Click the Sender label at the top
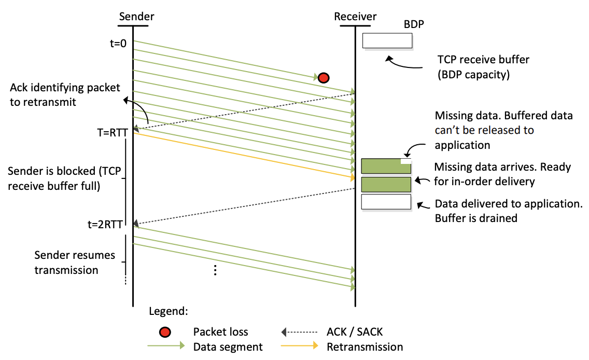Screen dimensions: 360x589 click(x=136, y=17)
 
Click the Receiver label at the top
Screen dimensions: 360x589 click(x=355, y=17)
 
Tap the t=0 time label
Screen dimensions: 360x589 click(x=118, y=44)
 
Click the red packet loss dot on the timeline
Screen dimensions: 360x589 click(x=324, y=78)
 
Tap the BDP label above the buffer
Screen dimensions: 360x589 click(x=414, y=25)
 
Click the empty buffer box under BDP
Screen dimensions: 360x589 click(x=387, y=40)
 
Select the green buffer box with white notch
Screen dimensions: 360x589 click(x=386, y=166)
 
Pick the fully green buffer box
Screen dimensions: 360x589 click(x=386, y=185)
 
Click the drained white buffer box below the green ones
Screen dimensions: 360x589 click(x=386, y=202)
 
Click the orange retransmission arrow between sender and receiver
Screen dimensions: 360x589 click(x=244, y=155)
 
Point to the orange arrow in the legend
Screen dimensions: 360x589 click(x=300, y=347)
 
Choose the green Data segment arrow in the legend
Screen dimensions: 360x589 click(x=166, y=347)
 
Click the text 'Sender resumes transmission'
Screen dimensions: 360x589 click(x=66, y=262)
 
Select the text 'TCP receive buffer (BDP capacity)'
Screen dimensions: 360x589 click(x=475, y=67)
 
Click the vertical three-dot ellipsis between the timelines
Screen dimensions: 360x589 click(x=215, y=270)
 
